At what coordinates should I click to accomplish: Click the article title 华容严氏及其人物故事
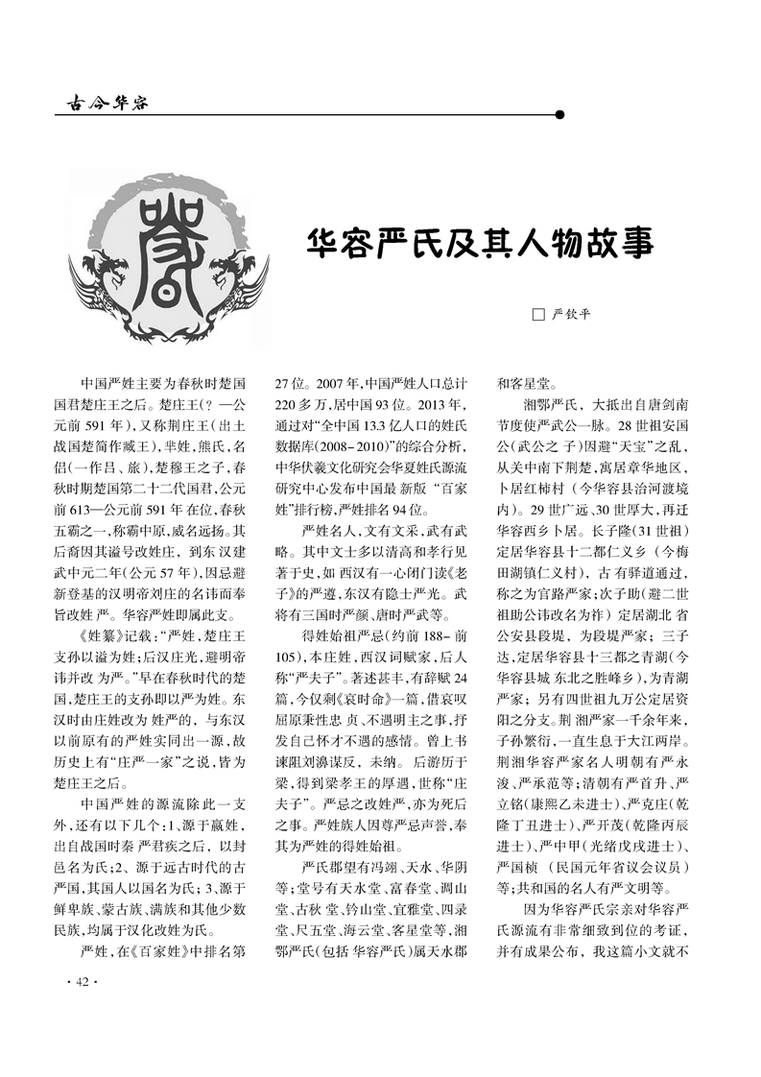pos(480,243)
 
